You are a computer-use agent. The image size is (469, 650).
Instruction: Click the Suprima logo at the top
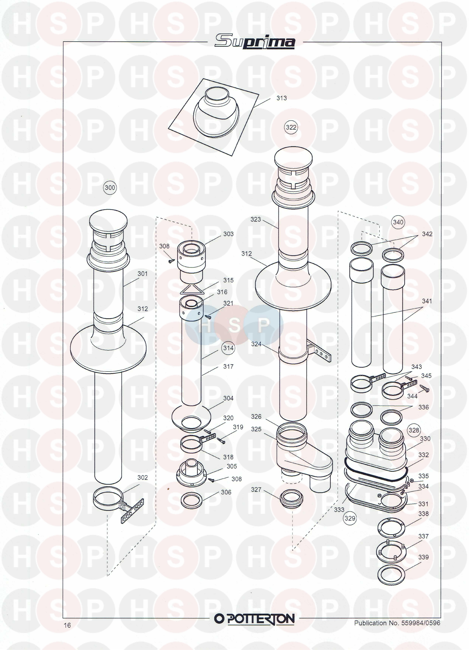(x=255, y=42)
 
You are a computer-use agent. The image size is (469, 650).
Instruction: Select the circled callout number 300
(x=110, y=188)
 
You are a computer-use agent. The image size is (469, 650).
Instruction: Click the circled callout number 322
(x=291, y=127)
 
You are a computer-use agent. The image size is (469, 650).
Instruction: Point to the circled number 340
(x=398, y=222)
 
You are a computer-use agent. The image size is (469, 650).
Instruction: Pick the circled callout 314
(x=228, y=348)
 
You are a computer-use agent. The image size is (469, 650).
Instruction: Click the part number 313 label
(x=282, y=98)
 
